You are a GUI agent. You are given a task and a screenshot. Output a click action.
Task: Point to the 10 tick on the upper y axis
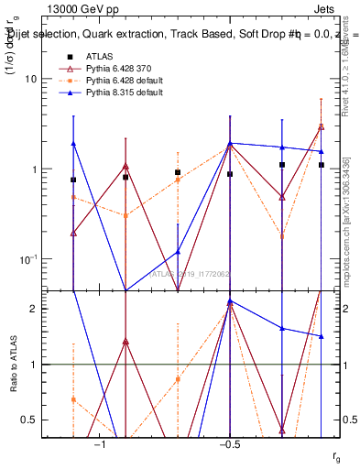coord(29,80)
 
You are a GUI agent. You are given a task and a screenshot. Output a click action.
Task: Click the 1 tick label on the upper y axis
coord(33,169)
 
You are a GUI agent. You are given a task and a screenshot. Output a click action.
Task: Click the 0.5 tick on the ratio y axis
coord(29,420)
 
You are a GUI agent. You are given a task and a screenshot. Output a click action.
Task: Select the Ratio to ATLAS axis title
coord(14,365)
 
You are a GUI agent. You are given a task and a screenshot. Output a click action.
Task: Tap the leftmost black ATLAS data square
coord(73,180)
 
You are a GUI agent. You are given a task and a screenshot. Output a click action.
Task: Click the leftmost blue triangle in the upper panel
coord(73,144)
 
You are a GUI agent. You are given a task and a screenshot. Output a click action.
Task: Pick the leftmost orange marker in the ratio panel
coord(73,399)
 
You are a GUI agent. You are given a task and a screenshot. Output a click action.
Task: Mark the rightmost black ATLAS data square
coord(322,165)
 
